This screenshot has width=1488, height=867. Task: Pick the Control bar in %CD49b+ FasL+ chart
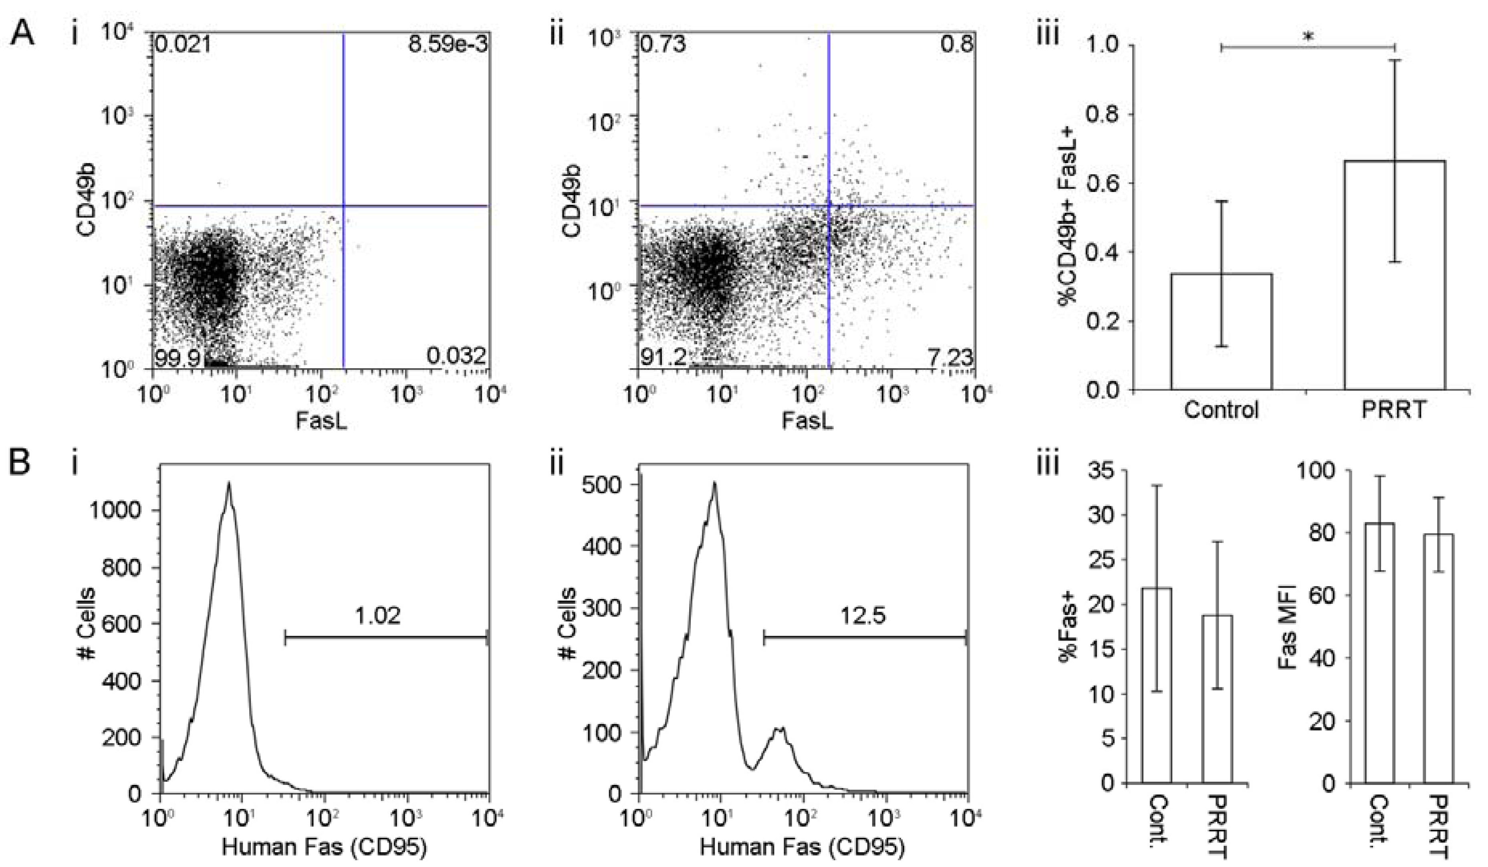[1221, 331]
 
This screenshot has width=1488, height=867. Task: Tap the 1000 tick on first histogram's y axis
[122, 511]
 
